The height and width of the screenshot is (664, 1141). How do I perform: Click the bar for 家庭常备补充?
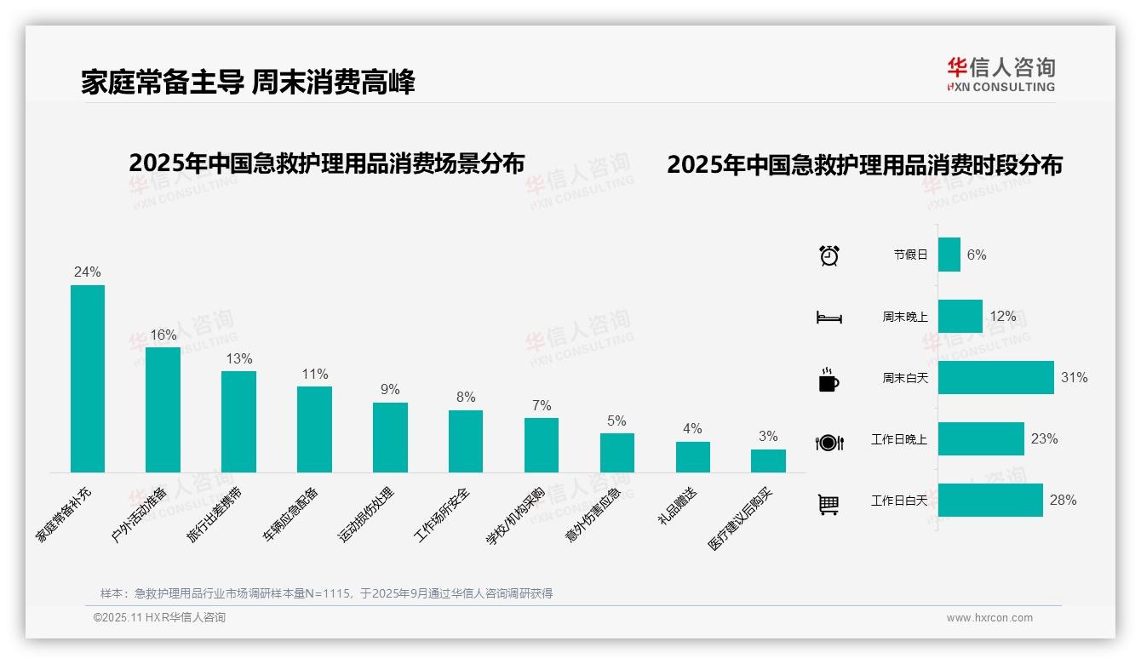(x=87, y=379)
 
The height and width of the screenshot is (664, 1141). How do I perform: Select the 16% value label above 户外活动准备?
(x=163, y=335)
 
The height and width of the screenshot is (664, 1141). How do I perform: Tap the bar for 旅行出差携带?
(x=238, y=421)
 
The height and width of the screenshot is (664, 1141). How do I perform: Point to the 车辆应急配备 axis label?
(x=290, y=515)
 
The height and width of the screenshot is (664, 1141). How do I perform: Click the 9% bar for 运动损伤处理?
(x=390, y=438)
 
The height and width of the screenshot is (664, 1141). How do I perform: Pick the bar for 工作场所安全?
(x=466, y=441)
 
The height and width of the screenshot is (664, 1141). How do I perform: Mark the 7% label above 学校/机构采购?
(x=542, y=405)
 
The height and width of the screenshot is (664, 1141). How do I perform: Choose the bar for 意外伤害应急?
(x=617, y=453)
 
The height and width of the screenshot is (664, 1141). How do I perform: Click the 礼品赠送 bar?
(x=693, y=457)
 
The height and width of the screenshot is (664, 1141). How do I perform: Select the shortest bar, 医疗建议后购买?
(x=768, y=461)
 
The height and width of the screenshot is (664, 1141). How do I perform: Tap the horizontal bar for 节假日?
(x=949, y=255)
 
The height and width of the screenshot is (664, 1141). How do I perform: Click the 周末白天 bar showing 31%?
(x=996, y=377)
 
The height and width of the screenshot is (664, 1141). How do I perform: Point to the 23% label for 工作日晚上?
(x=1044, y=438)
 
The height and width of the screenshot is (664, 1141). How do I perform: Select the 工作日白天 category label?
(x=898, y=500)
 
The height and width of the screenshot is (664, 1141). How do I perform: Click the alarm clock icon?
(x=829, y=255)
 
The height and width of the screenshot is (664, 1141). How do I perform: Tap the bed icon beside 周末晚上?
(x=829, y=318)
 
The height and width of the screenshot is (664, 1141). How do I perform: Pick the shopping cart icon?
(x=829, y=505)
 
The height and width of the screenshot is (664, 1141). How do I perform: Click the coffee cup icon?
(x=829, y=380)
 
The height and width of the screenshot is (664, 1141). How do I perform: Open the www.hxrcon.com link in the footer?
(x=989, y=618)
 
